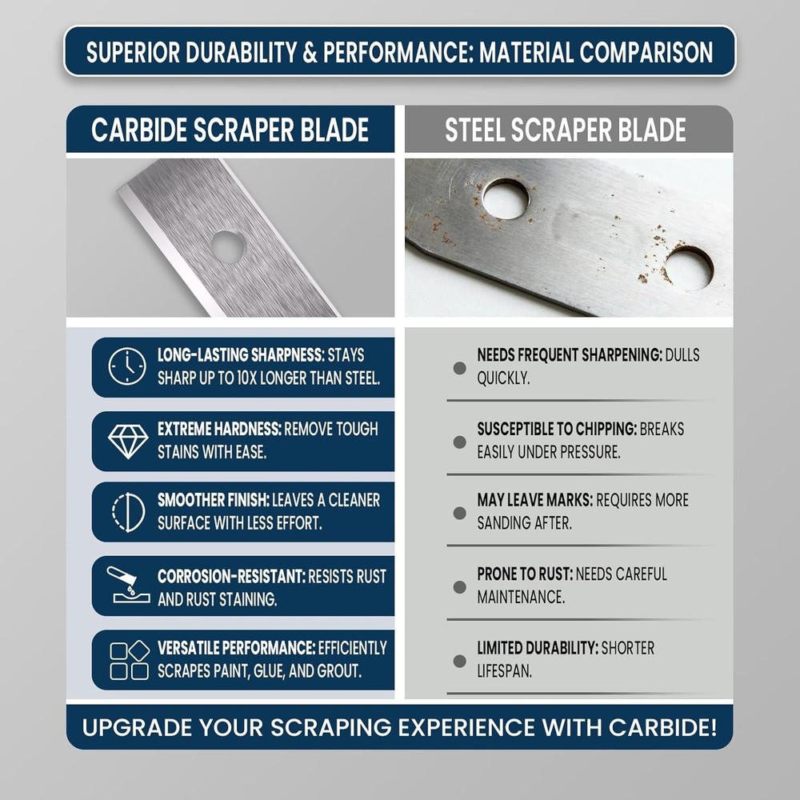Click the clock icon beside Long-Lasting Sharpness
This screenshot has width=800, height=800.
click(x=127, y=366)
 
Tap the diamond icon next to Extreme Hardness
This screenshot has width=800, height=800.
click(x=128, y=441)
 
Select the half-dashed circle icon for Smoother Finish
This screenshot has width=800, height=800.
click(x=128, y=512)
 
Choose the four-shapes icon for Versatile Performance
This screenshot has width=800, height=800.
click(x=129, y=660)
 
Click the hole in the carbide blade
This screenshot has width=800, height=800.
click(x=228, y=247)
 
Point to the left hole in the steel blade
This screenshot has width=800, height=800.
click(x=506, y=198)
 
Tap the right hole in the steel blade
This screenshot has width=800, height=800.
click(x=689, y=269)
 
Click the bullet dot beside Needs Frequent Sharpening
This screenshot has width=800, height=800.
click(x=459, y=368)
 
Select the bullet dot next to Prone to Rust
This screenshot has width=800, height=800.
click(x=459, y=586)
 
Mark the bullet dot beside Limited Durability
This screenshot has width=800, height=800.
click(x=459, y=661)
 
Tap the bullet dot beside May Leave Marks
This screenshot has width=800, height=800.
click(x=459, y=513)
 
